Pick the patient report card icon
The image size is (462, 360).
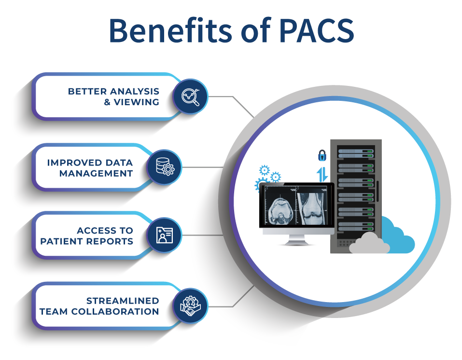point(164,235)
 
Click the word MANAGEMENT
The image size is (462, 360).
point(97,173)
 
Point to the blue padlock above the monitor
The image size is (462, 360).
point(322,155)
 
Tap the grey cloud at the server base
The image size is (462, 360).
point(369,244)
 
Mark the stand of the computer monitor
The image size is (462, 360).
point(296,240)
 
